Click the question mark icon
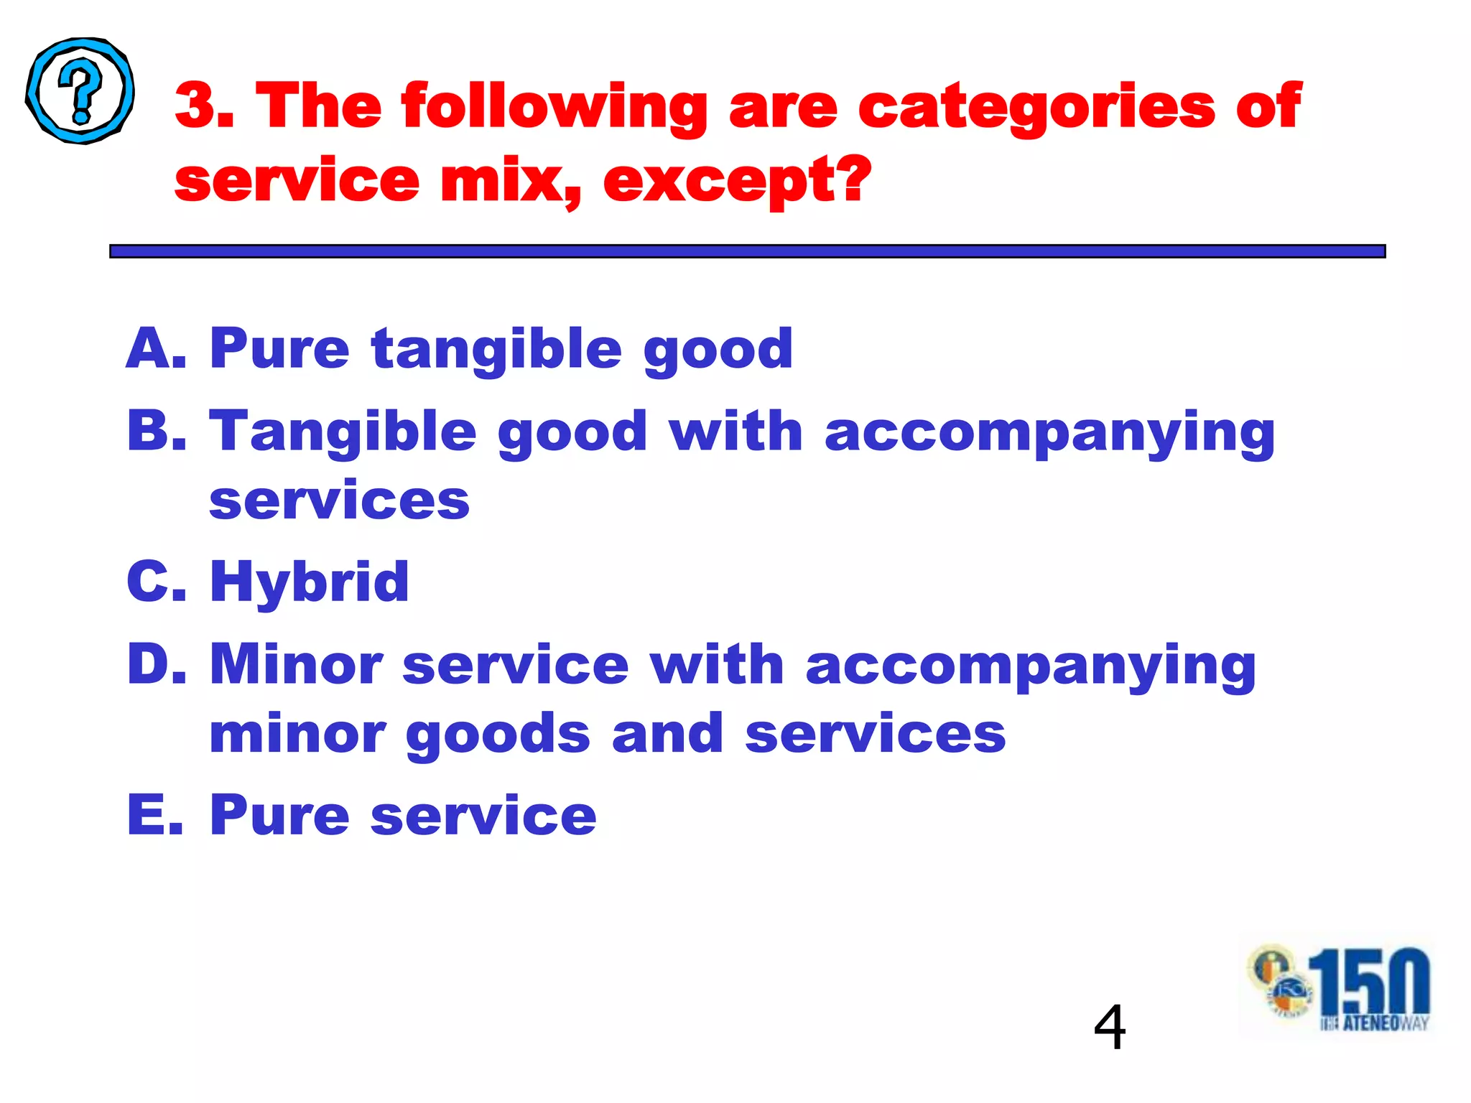(x=80, y=90)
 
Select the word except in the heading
(x=725, y=180)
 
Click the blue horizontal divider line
(x=747, y=251)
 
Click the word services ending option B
(x=339, y=500)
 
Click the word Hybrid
(x=309, y=582)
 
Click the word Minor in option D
(x=295, y=664)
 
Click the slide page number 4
(x=1109, y=1027)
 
